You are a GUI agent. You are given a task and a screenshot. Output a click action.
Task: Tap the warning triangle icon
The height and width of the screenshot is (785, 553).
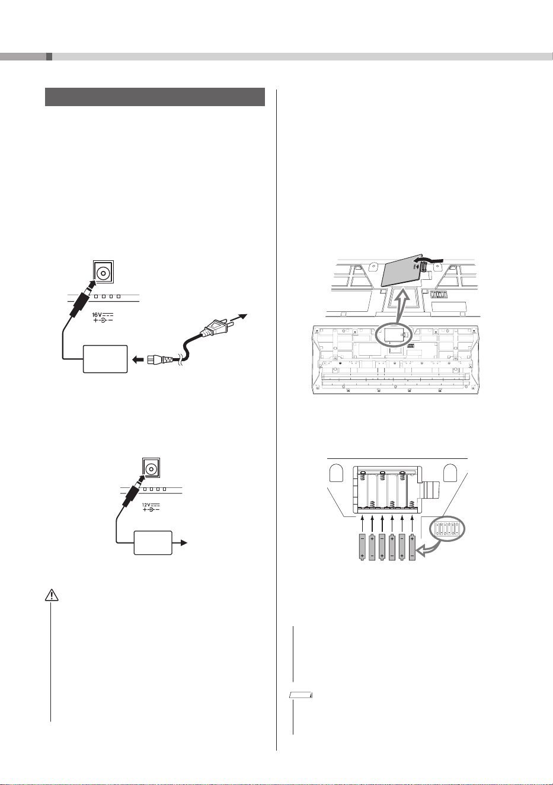coord(52,595)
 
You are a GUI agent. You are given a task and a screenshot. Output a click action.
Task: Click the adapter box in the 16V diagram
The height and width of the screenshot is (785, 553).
coord(105,359)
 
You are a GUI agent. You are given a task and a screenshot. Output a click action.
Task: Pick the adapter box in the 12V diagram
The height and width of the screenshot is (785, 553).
coord(153,543)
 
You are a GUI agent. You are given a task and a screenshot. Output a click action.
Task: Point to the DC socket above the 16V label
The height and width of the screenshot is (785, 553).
coord(103,272)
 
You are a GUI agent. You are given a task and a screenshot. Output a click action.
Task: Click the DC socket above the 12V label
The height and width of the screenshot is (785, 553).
coord(151,468)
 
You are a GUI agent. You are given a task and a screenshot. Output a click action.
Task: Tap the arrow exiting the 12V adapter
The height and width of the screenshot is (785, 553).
coord(180,543)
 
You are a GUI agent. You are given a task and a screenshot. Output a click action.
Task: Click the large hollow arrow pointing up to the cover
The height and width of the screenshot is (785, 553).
coord(403,307)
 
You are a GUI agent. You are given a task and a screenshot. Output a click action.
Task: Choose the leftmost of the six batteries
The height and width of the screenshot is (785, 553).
coord(362,547)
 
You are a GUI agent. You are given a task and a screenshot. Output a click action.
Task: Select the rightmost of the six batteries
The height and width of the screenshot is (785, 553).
coord(412,547)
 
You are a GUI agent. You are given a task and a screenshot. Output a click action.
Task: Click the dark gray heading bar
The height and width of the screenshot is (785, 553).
coord(155,97)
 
